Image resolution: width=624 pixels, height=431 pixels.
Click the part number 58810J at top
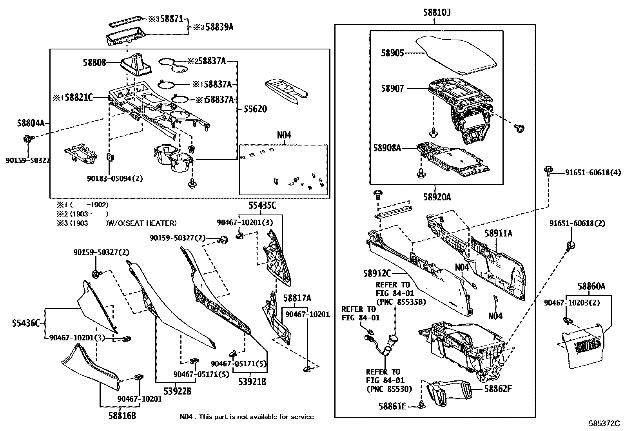437,13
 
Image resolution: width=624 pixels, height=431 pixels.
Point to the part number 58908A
387,148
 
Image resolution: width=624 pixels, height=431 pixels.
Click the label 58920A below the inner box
436,197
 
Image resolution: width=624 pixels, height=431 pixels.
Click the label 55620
255,109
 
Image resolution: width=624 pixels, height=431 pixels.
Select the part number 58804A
31,124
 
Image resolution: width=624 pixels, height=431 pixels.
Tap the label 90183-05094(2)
115,178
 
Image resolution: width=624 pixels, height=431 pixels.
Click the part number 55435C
262,205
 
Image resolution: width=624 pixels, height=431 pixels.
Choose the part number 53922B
177,391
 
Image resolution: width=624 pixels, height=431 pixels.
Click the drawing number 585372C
604,424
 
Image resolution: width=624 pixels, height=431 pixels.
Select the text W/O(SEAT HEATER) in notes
142,223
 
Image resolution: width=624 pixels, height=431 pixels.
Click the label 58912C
377,273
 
